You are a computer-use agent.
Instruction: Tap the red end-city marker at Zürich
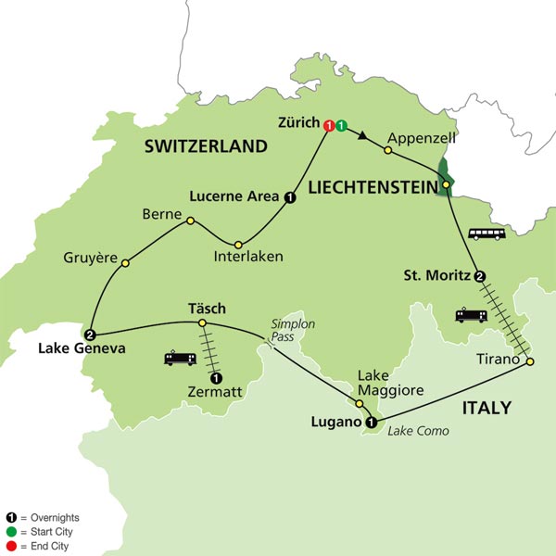click(328, 125)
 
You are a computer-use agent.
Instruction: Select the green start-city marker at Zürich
click(341, 125)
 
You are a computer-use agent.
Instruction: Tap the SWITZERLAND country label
click(205, 146)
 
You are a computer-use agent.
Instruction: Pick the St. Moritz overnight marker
click(480, 275)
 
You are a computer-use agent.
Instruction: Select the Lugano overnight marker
click(372, 423)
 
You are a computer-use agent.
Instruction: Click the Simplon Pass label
click(287, 332)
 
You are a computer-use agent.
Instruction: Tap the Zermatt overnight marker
click(216, 377)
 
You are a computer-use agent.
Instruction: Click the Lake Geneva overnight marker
click(90, 335)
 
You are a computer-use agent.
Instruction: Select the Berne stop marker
click(190, 221)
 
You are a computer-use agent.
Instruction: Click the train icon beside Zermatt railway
click(180, 358)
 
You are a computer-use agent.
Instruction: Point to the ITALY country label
click(487, 408)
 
